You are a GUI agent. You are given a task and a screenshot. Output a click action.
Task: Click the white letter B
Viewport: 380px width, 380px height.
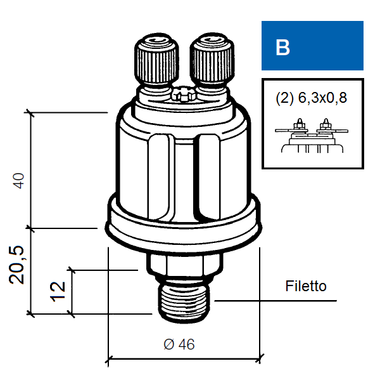[x=282, y=47]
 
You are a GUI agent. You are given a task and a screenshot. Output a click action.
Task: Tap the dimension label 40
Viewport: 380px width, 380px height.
[x=18, y=181]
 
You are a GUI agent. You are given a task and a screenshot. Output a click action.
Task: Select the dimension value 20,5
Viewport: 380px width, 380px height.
[x=16, y=265]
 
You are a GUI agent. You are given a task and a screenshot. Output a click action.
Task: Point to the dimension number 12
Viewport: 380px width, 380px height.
[x=58, y=292]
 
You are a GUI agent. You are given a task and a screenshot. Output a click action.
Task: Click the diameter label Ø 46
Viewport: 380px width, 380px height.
[x=179, y=344]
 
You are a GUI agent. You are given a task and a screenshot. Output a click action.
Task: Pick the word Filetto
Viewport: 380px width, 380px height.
[x=306, y=285]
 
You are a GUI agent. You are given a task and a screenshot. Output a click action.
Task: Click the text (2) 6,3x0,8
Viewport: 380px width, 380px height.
[x=311, y=98]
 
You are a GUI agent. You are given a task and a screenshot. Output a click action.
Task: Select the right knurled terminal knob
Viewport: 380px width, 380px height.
[x=212, y=59]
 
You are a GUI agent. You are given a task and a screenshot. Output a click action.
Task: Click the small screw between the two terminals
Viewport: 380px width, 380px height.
[x=184, y=95]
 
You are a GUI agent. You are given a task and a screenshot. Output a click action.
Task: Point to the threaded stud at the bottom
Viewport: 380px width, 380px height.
[x=184, y=301]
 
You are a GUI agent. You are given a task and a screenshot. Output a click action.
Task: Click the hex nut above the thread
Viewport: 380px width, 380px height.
[x=185, y=265]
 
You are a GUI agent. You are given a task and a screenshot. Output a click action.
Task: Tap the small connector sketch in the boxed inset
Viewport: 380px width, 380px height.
[x=312, y=136]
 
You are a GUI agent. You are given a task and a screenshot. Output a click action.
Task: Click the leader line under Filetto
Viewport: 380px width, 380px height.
[x=275, y=301]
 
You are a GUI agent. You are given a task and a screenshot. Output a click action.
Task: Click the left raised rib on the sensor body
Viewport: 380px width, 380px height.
[x=159, y=177]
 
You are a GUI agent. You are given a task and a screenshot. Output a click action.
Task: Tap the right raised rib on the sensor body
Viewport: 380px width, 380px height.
[x=207, y=177]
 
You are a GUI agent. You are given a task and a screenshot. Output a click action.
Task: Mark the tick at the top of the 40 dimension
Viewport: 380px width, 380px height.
[x=30, y=112]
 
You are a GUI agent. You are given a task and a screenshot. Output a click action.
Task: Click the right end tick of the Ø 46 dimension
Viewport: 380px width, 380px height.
[x=260, y=358]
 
